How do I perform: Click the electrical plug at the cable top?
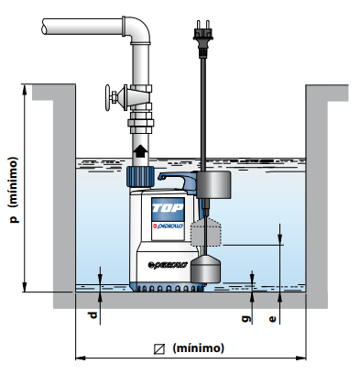(202, 39)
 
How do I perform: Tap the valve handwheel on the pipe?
(108, 97)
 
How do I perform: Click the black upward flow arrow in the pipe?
(140, 151)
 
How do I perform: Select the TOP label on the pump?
(168, 208)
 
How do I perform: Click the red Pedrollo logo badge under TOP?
(168, 226)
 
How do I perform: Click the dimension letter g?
(246, 318)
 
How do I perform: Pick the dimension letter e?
(272, 319)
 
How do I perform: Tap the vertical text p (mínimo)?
(14, 190)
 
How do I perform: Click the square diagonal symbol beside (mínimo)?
(159, 349)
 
